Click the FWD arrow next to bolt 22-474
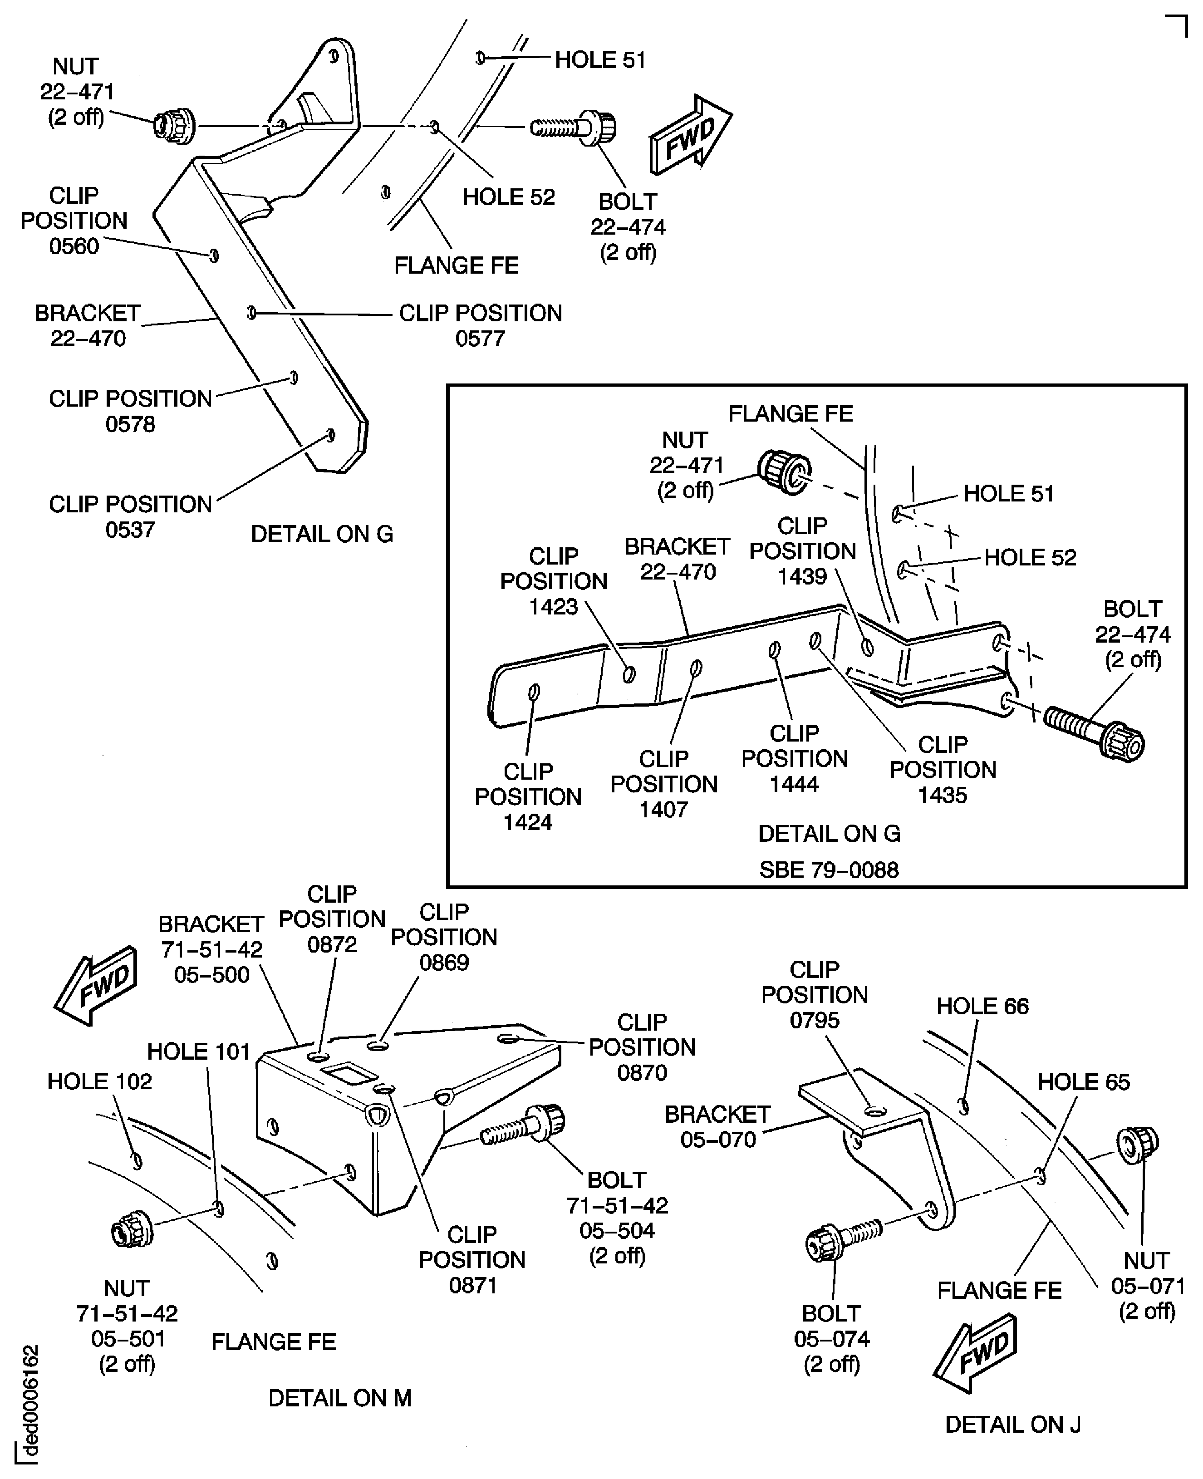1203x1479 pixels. [689, 135]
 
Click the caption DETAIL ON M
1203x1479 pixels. [339, 1398]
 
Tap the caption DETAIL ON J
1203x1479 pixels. [1012, 1424]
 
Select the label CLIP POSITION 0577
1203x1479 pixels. [480, 326]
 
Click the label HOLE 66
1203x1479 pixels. [982, 1006]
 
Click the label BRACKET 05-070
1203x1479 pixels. [717, 1126]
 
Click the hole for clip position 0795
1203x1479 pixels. [875, 1111]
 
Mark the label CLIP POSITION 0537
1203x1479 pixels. [130, 516]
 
